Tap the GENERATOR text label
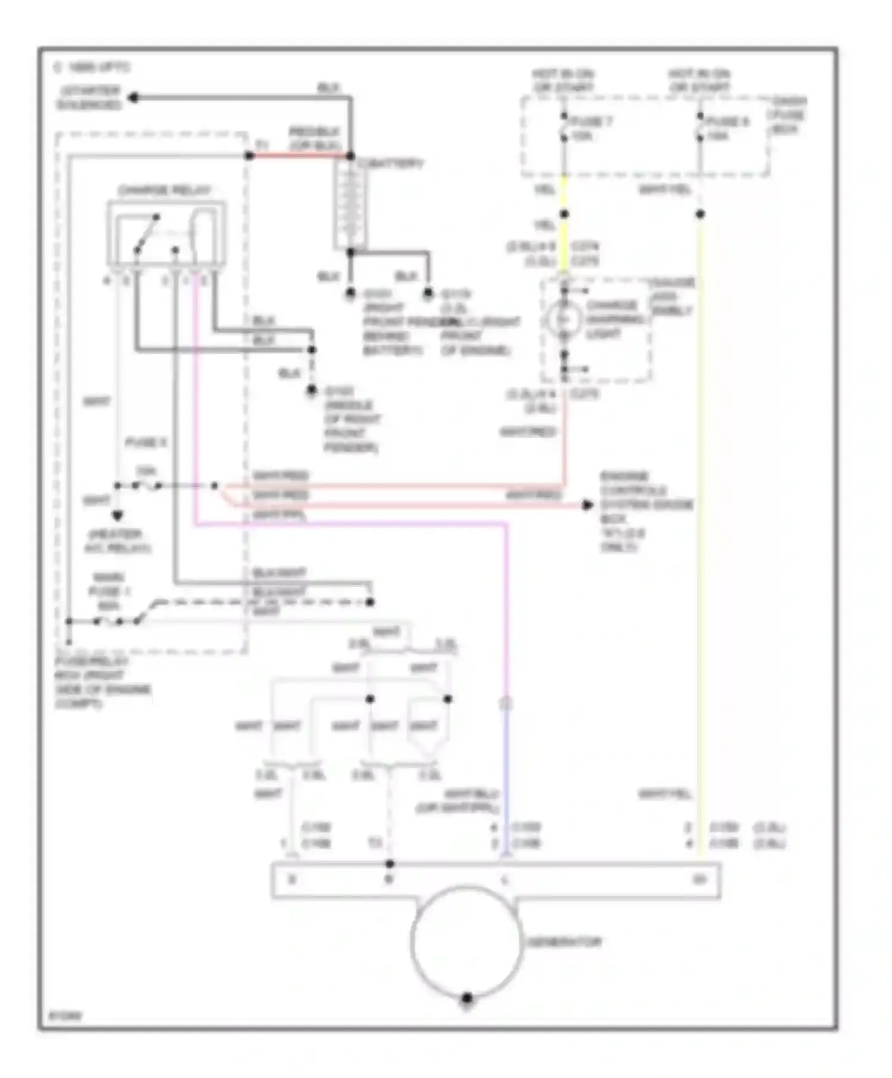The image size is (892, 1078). pyautogui.click(x=564, y=942)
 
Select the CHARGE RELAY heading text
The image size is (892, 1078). pyautogui.click(x=164, y=191)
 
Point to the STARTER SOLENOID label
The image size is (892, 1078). pyautogui.click(x=89, y=98)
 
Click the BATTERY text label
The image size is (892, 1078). pyautogui.click(x=390, y=163)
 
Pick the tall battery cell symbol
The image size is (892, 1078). pyautogui.click(x=350, y=204)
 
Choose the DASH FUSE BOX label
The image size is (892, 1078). pyautogui.click(x=788, y=115)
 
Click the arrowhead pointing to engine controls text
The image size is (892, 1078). pyautogui.click(x=587, y=505)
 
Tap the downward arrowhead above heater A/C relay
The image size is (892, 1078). pyautogui.click(x=118, y=515)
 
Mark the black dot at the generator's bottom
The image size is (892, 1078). pyautogui.click(x=467, y=997)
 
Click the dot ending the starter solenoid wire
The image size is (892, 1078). pyautogui.click(x=134, y=97)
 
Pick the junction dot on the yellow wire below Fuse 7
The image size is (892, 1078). pyautogui.click(x=564, y=214)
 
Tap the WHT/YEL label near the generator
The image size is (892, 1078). pyautogui.click(x=664, y=794)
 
